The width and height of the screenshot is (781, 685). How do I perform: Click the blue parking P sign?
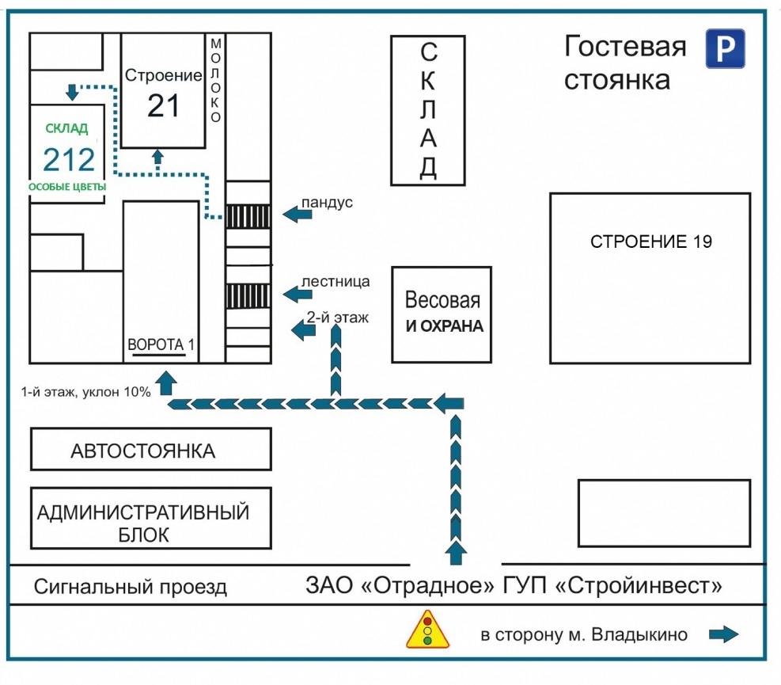tap(726, 48)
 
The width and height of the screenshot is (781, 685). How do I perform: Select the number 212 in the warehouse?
tap(69, 160)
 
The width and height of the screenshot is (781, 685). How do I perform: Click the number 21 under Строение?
tap(164, 105)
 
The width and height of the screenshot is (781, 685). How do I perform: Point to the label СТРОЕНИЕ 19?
tap(650, 242)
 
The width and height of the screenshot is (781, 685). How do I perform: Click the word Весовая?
tap(442, 301)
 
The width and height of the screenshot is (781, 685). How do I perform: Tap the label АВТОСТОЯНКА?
tap(143, 451)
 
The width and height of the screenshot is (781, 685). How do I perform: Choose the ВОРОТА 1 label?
tap(161, 345)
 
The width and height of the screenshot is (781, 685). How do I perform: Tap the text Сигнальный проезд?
tap(131, 588)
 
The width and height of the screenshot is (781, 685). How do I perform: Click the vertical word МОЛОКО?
tap(214, 80)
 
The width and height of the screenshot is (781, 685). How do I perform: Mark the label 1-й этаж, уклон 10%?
tap(85, 391)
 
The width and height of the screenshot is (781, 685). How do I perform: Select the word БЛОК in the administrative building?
tap(143, 535)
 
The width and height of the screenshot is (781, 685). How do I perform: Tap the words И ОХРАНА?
tap(444, 326)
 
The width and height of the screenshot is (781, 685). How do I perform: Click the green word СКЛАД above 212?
tap(66, 128)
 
